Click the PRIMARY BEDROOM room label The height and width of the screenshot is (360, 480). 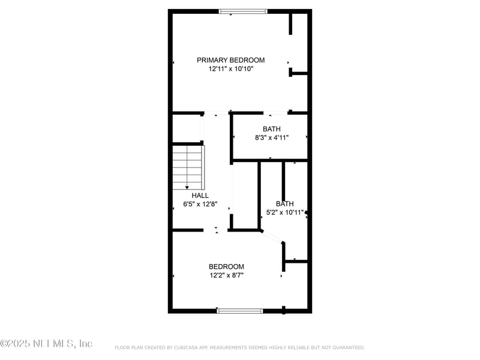tap(231, 60)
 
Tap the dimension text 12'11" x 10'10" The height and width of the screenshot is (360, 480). tap(231, 69)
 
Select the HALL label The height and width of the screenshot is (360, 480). tap(200, 196)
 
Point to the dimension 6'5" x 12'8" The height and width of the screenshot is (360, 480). tap(200, 204)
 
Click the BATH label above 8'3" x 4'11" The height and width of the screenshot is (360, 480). tap(271, 129)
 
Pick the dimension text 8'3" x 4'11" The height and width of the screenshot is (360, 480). tap(271, 137)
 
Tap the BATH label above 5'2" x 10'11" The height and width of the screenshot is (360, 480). tap(284, 204)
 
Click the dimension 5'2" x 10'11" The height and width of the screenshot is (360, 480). tap(285, 212)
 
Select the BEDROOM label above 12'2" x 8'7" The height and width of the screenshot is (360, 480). tap(226, 267)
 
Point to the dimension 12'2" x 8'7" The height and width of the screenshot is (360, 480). tap(226, 275)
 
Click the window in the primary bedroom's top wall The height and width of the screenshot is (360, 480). tap(243, 11)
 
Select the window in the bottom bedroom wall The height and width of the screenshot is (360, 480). tap(239, 311)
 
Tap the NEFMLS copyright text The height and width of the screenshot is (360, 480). tap(46, 344)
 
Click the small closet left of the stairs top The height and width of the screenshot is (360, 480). tap(187, 128)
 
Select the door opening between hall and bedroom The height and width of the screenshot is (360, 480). tap(216, 230)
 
